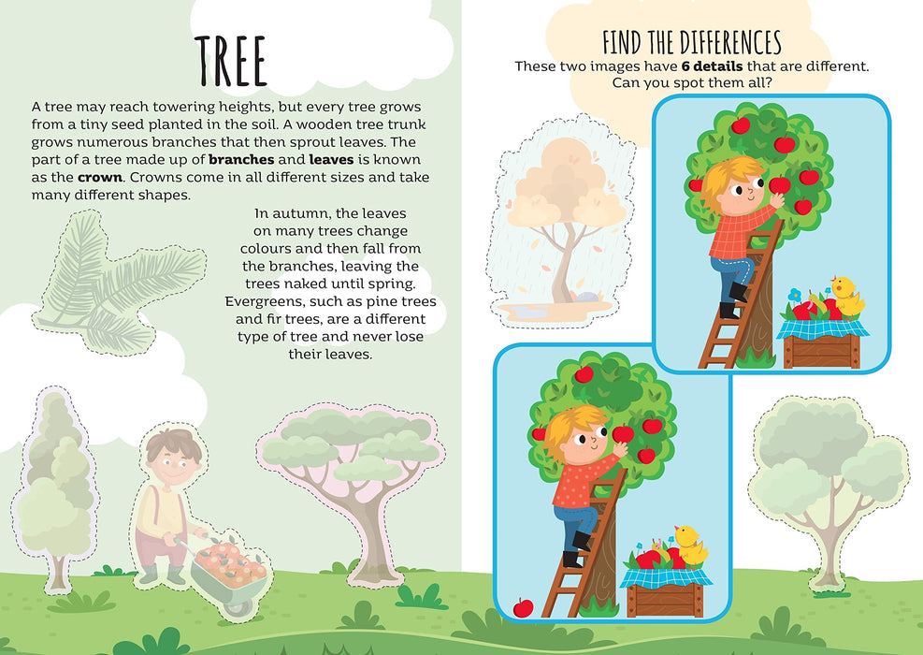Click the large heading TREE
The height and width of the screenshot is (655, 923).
click(231, 61)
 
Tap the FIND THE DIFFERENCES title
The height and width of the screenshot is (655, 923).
click(692, 42)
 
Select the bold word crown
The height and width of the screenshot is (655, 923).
click(100, 177)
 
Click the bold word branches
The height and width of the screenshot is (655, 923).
click(241, 160)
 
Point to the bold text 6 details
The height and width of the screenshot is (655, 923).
click(712, 66)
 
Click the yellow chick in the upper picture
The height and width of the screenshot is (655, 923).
click(847, 296)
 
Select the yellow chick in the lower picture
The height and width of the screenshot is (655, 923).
click(690, 545)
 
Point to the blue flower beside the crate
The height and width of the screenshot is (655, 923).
click(795, 295)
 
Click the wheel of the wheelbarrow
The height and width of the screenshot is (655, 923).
click(239, 604)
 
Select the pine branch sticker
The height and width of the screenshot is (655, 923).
click(119, 284)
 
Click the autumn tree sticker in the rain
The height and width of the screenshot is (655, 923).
click(560, 220)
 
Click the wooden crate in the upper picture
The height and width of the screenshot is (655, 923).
click(822, 351)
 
